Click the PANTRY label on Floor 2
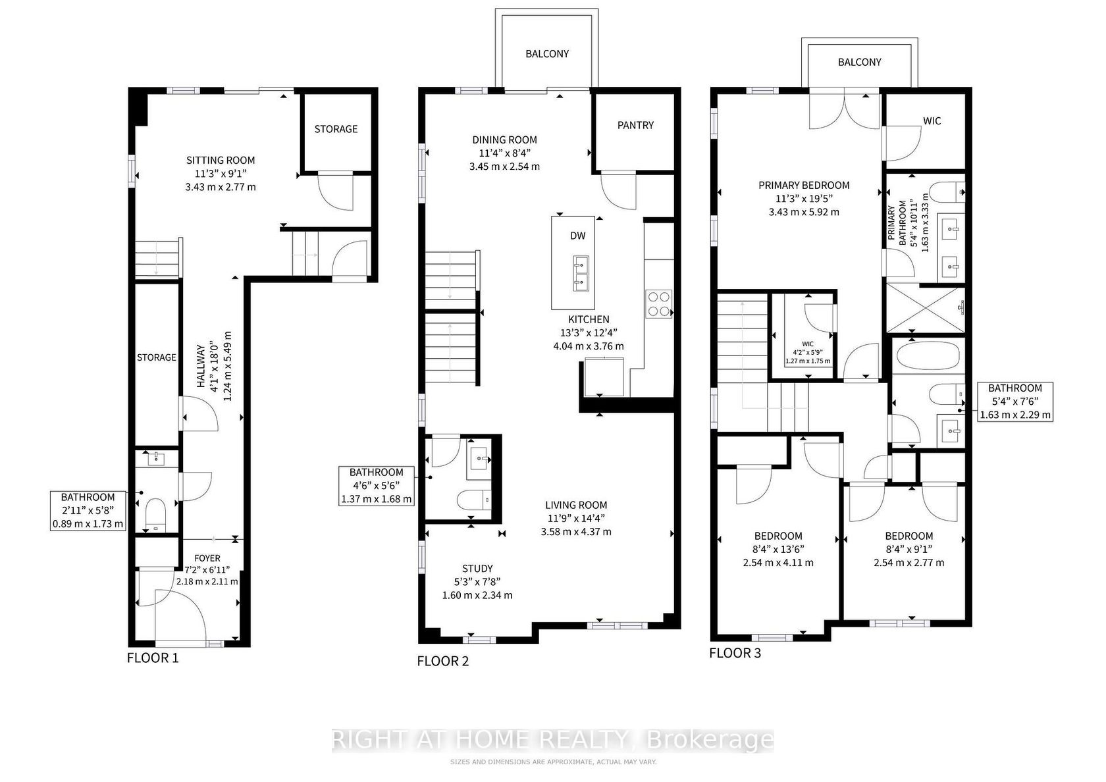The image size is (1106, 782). click(635, 125)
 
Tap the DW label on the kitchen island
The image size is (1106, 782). click(578, 236)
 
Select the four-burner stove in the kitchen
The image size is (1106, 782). click(658, 303)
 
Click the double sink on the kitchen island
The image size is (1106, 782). click(581, 274)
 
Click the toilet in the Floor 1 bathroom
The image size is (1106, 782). click(156, 515)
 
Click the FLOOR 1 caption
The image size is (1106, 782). click(153, 658)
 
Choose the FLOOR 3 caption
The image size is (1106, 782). click(735, 653)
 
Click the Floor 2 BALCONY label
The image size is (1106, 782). click(547, 54)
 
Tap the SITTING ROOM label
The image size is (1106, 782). click(221, 160)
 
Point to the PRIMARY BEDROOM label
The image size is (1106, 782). click(804, 185)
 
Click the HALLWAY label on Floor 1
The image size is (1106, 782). click(201, 366)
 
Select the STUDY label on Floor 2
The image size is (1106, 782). click(477, 568)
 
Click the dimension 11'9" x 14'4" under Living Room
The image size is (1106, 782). click(576, 519)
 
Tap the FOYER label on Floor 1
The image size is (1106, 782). click(207, 558)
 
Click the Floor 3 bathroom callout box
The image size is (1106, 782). click(1015, 402)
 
